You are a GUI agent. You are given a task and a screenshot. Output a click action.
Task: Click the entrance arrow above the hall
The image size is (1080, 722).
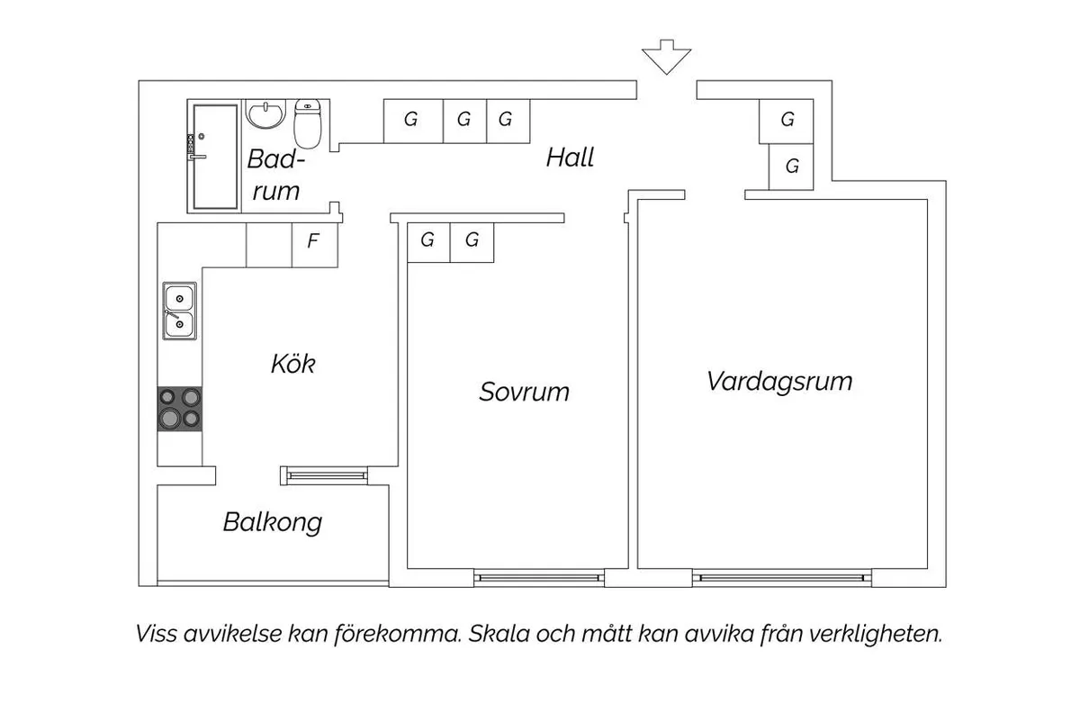click(x=666, y=56)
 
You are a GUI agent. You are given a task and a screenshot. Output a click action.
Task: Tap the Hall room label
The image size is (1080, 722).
click(x=570, y=158)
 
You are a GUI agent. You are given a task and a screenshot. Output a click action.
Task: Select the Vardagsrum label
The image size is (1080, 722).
click(x=779, y=381)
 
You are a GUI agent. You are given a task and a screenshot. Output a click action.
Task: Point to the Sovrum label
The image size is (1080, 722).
click(x=524, y=393)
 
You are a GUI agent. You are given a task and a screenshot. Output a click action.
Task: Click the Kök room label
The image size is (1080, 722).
click(x=293, y=365)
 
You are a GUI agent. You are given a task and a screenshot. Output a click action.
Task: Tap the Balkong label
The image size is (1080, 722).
click(x=272, y=522)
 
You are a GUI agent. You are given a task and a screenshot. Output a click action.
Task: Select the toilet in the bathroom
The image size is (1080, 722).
click(x=308, y=122)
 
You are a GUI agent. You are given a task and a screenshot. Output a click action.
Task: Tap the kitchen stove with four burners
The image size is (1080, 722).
click(x=180, y=409)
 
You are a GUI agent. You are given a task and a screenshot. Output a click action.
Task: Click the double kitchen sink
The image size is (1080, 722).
click(x=179, y=311)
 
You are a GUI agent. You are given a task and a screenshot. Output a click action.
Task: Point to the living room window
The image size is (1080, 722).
click(x=781, y=577)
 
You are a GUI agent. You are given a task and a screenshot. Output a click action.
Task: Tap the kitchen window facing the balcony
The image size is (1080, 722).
click(x=324, y=472)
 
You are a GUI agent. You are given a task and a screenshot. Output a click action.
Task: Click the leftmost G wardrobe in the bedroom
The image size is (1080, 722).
click(x=427, y=240)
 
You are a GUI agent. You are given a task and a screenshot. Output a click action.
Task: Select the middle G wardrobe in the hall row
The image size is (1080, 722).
click(x=464, y=119)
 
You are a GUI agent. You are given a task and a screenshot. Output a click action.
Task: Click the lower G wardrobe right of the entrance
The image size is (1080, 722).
click(x=792, y=166)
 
